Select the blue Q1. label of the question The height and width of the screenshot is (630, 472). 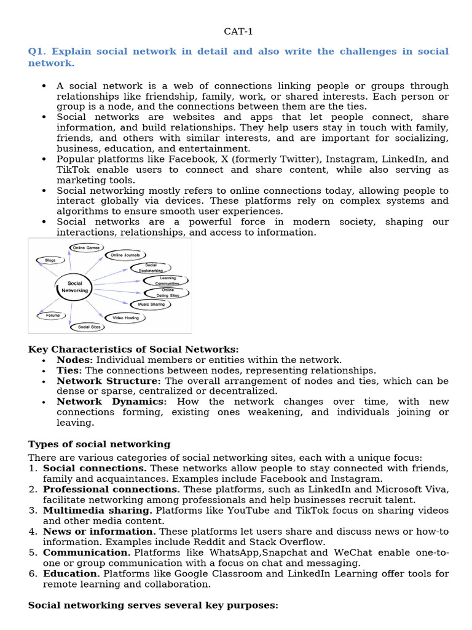pos(38,51)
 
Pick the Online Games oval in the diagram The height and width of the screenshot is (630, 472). pos(85,248)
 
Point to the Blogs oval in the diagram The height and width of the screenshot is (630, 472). pos(50,260)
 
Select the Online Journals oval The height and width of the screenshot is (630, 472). pos(125,255)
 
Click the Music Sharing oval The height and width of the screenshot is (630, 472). pos(151,304)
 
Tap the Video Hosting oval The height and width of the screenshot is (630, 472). pos(126,318)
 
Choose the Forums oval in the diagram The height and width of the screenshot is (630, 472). pos(53,316)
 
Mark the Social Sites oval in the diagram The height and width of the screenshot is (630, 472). pos(89,327)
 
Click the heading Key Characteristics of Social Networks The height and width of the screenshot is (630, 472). pos(133,349)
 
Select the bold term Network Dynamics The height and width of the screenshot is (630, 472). pos(111,401)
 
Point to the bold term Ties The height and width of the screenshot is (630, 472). pos(69,370)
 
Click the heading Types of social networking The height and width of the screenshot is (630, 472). pos(99,444)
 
